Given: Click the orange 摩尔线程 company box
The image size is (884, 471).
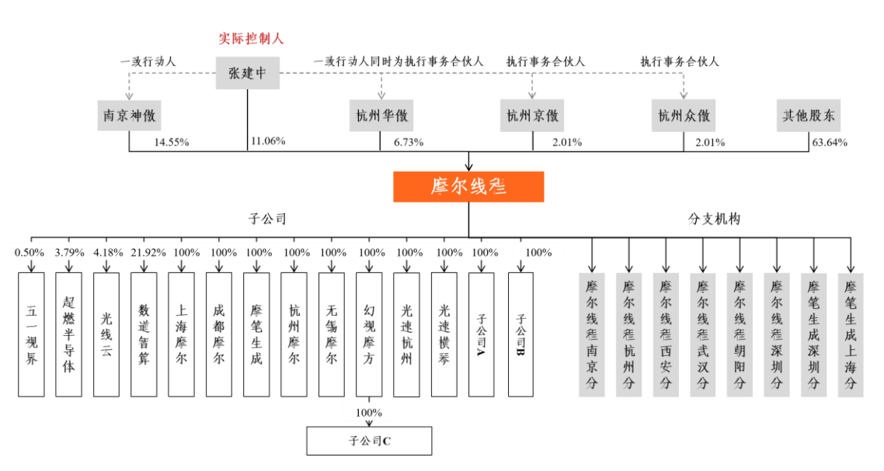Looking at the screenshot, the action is (468, 186).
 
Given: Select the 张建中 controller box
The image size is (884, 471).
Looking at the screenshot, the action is (248, 73).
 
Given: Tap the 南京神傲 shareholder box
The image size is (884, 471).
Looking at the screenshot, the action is (129, 116).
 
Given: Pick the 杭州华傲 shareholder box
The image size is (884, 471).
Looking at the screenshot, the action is (381, 116).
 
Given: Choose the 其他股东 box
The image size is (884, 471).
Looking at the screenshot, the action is (809, 116).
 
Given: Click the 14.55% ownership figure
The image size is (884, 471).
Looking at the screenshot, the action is (172, 143).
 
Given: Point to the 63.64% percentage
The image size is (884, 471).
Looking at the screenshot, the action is (830, 143).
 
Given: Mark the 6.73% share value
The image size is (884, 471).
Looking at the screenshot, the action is (409, 143).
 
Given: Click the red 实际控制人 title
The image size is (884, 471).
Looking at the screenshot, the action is (251, 39).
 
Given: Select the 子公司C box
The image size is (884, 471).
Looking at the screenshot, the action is (369, 441).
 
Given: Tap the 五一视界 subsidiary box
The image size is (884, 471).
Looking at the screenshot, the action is (31, 334).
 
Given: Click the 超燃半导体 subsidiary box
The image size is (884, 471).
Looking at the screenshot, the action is (69, 334).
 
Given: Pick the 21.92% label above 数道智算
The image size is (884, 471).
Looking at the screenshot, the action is (148, 253).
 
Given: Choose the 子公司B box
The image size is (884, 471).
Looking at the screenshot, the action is (520, 334).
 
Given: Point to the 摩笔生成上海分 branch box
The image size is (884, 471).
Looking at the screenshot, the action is (850, 334).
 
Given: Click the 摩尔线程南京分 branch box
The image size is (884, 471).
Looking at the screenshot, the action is (591, 334).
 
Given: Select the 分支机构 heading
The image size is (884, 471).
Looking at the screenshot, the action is (714, 219).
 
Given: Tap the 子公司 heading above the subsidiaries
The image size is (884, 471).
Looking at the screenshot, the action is (267, 219).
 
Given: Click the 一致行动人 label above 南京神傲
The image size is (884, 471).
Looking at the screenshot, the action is (148, 61).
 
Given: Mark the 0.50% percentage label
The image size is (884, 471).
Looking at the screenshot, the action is (30, 253).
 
